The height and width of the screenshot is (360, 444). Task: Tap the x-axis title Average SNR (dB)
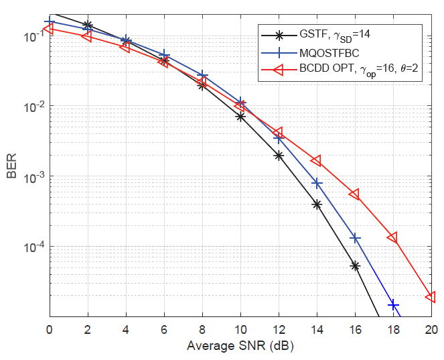240,347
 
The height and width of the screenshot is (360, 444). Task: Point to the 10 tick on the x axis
240,329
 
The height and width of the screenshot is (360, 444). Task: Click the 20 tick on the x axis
431,329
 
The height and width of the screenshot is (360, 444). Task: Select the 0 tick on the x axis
50,329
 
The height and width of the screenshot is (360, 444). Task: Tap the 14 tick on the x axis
317,329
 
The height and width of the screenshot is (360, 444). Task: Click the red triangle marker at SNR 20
431,296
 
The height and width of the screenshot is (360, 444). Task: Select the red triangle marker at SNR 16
354,194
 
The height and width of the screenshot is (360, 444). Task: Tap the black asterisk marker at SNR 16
355,266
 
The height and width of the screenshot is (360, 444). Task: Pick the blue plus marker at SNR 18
393,305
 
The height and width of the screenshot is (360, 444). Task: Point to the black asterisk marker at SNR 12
279,156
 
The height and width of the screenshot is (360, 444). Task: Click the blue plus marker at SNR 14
317,183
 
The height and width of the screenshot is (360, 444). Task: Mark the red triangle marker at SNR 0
49,29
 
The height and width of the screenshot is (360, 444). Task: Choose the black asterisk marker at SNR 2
88,25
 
